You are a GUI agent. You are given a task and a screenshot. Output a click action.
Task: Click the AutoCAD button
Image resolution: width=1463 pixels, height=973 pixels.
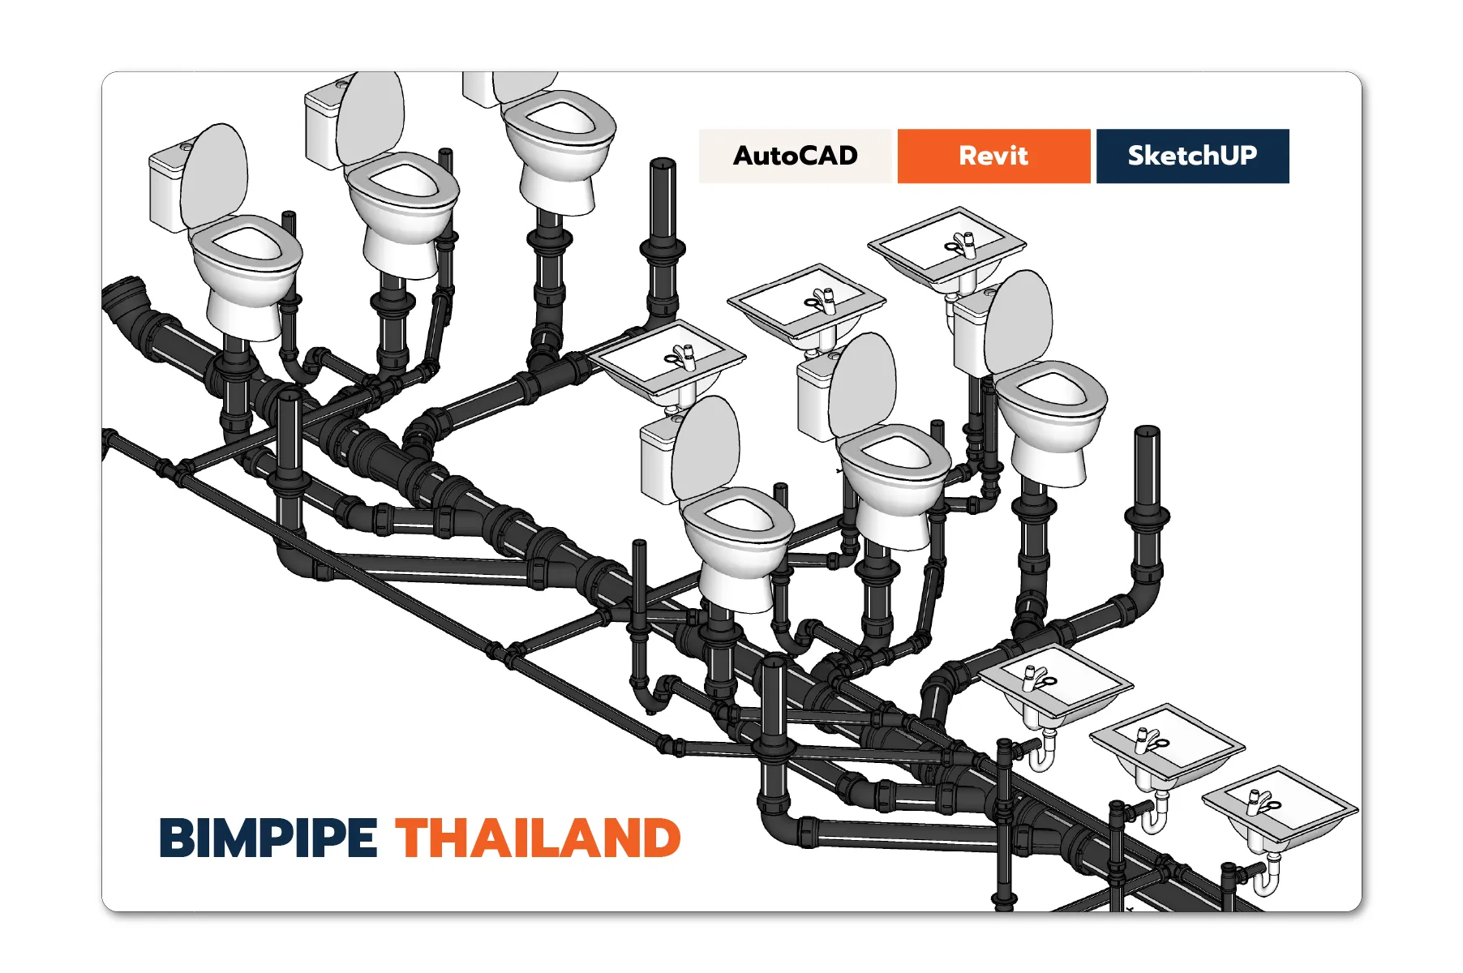pos(795,156)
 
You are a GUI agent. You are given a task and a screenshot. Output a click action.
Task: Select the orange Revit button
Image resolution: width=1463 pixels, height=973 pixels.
pos(993,156)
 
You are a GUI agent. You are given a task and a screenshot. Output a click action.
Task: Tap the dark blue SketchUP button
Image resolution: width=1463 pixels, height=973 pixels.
pos(1192,156)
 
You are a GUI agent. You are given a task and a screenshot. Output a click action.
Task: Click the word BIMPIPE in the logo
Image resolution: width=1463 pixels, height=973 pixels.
pos(268,838)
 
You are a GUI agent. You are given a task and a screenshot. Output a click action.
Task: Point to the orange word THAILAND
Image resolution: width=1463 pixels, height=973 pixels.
pos(538,838)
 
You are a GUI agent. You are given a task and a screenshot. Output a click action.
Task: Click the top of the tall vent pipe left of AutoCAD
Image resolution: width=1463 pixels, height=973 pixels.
pos(663,166)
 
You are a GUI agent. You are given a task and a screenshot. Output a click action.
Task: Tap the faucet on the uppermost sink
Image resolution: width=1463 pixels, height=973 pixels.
pos(964,243)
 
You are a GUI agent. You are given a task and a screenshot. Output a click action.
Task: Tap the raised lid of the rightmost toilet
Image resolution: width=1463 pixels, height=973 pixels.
pos(1019,320)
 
